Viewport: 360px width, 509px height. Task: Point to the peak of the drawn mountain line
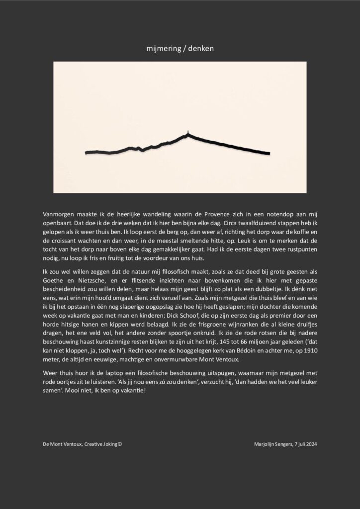187,132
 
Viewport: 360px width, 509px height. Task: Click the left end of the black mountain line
87,152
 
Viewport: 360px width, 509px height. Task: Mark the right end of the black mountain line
269,153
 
